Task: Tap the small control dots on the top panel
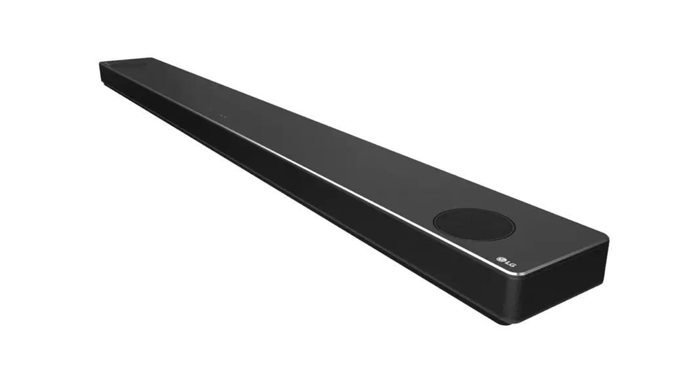click(223, 116)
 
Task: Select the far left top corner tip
click(101, 63)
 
